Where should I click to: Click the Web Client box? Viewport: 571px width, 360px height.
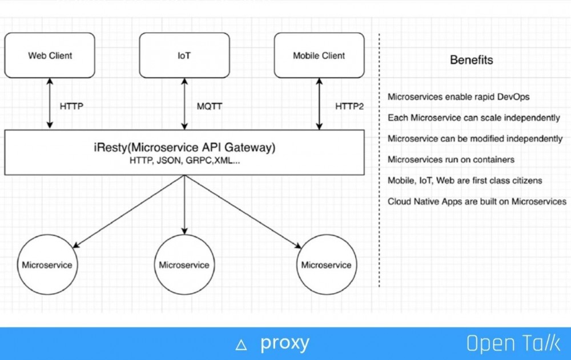click(x=50, y=55)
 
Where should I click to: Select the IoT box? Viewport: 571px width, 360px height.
click(x=184, y=55)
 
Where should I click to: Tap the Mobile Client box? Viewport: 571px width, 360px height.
click(x=319, y=55)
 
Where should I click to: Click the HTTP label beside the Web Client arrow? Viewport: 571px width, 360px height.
click(x=71, y=106)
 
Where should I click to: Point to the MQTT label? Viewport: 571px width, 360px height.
click(x=210, y=106)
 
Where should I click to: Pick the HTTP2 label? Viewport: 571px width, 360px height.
click(x=349, y=106)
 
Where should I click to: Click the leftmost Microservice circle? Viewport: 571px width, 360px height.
click(x=47, y=265)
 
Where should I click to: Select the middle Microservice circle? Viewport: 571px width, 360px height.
click(x=184, y=265)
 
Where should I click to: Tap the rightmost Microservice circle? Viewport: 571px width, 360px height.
click(x=326, y=265)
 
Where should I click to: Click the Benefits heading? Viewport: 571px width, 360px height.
click(x=471, y=60)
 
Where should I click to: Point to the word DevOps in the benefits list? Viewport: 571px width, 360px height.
click(x=514, y=97)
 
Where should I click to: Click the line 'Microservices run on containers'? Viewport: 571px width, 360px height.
click(x=451, y=159)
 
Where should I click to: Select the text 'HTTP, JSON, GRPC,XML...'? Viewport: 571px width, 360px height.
click(x=184, y=161)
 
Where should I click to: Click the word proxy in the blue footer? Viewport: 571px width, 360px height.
click(x=284, y=343)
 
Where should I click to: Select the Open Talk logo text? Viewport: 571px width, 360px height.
click(x=513, y=343)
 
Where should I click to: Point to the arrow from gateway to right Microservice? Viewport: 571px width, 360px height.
click(x=243, y=211)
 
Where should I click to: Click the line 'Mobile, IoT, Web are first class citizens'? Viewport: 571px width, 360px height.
click(x=465, y=181)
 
